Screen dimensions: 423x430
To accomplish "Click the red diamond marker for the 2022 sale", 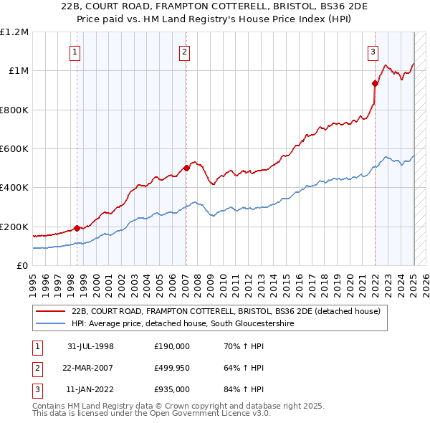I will pos(374,83).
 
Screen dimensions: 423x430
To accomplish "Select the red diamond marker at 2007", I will pos(186,168).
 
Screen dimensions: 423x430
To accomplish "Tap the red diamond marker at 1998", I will pos(77,229).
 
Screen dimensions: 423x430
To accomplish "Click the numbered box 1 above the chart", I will pos(75,51).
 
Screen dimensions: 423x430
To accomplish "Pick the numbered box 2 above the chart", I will pos(184,51).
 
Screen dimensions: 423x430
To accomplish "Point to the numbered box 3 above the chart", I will pos(373,51).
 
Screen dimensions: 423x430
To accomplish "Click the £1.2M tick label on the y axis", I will pos(14,32).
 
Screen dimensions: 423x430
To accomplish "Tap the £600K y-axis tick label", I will pos(14,149).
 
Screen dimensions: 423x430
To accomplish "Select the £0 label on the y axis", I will pos(21,266).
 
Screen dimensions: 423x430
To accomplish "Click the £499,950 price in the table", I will pos(171,369).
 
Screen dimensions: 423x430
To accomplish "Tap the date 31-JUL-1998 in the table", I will pos(90,347).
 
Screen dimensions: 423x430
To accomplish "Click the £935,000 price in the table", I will pos(171,390).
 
